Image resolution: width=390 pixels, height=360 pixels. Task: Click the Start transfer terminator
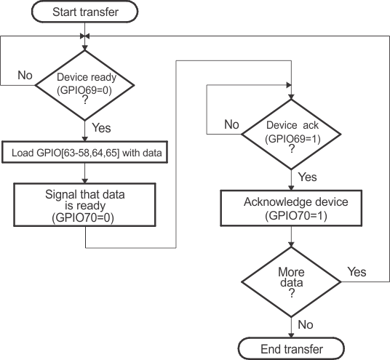click(86, 12)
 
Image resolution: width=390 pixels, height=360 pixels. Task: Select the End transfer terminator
click(291, 349)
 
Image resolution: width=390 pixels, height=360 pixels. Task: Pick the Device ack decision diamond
click(291, 135)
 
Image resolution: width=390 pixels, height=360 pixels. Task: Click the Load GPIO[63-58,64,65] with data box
click(86, 153)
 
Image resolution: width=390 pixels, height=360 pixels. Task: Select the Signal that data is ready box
click(86, 206)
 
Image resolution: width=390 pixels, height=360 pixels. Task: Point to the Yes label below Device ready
click(103, 127)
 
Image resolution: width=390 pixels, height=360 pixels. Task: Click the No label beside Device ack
click(231, 125)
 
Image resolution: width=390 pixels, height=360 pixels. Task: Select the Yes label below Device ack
click(308, 177)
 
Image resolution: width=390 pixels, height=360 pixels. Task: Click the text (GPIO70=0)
click(86, 217)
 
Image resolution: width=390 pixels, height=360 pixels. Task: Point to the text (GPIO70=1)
click(291, 216)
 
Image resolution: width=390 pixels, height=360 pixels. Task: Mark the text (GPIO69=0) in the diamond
click(86, 90)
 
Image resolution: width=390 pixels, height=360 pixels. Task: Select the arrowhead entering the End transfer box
click(291, 335)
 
